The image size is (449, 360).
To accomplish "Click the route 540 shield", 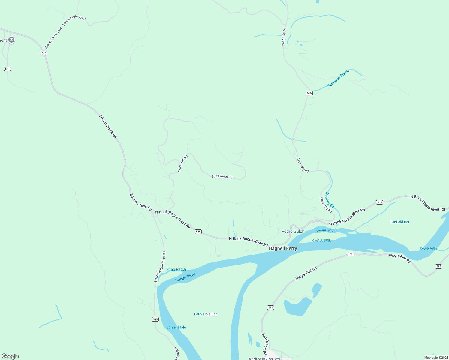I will coord(44,53).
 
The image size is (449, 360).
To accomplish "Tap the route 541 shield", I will coord(8,69).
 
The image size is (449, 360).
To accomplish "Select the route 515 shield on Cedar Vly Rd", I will coord(309,93).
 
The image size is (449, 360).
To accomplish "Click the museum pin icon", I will coord(11,40).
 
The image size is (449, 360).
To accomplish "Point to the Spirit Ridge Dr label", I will coord(222,176).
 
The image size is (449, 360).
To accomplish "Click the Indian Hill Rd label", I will coord(183,163).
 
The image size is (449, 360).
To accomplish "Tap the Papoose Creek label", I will coord(338,78).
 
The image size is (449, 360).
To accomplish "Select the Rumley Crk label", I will coord(330,201).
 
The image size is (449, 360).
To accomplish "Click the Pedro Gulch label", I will coord(293,231).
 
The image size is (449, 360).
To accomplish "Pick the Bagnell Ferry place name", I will coord(283,248).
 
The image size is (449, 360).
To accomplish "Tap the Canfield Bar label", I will coord(399,222).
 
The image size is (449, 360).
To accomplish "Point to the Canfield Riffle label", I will coord(322,241).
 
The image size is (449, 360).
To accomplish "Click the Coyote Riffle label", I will coord(429,248).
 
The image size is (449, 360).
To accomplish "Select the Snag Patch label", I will coord(176,269).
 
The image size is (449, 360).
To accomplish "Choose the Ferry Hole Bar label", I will coord(205,314).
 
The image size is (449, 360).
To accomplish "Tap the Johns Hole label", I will coord(176,327).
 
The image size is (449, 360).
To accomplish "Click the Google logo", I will coord(10,356).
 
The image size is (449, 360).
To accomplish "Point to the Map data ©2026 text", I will coord(436,358).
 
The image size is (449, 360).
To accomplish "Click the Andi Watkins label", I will coord(261,358).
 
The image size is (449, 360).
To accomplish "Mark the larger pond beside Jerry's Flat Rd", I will coord(297,307).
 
